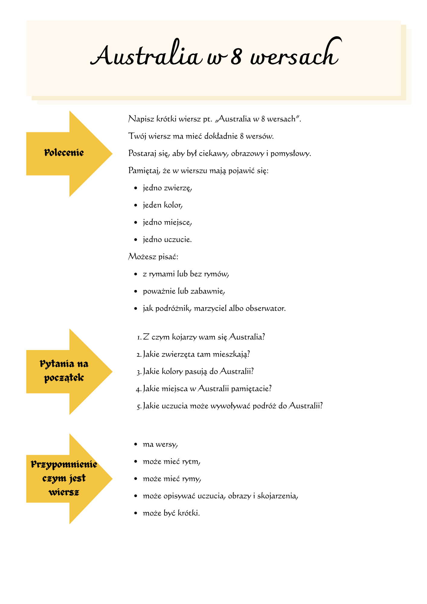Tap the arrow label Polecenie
click(64, 153)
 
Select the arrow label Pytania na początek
click(64, 371)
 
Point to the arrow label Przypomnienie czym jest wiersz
click(64, 478)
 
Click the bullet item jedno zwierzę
click(167, 188)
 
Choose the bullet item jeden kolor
click(163, 205)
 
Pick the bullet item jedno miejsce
click(167, 223)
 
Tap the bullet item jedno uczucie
click(167, 240)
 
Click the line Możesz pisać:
click(153, 257)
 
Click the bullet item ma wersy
click(160, 445)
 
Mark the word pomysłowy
click(291, 154)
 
